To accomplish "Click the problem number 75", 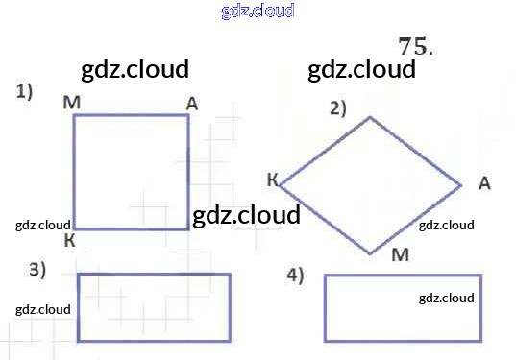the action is click(x=415, y=46).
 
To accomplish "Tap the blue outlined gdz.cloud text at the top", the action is click(x=258, y=11).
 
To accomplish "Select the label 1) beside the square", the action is click(x=24, y=91).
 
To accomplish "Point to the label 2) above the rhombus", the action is click(x=338, y=108).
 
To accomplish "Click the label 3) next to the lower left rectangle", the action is click(x=37, y=270).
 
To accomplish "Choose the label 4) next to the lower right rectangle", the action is click(x=295, y=275).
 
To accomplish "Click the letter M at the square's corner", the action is click(x=71, y=103).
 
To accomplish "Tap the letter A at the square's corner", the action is click(x=192, y=105).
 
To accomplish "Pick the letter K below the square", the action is click(x=69, y=240).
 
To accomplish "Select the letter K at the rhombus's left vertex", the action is click(x=273, y=180).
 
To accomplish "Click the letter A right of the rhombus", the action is click(x=484, y=182).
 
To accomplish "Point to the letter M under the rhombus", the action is click(x=401, y=254).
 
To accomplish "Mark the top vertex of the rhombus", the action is click(x=370, y=117).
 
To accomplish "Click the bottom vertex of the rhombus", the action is click(x=370, y=253).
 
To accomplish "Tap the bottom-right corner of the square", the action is click(x=188, y=228).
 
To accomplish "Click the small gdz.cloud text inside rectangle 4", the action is click(x=447, y=299).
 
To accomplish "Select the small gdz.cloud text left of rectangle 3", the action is click(x=43, y=310).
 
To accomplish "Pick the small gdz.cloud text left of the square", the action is click(x=43, y=226).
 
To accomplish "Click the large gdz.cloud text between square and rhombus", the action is click(x=246, y=215).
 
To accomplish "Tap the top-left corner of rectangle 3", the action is click(x=79, y=275).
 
